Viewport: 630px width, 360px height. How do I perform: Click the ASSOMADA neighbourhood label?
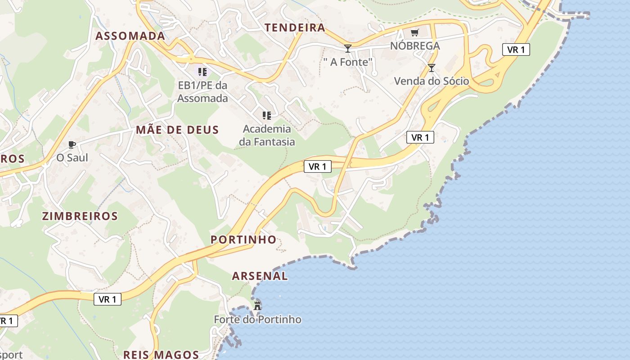pos(130,36)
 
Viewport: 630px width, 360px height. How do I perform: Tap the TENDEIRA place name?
pos(295,27)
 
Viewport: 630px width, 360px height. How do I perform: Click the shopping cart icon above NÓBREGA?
pos(414,32)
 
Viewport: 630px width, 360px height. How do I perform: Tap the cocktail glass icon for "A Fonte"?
pos(347,48)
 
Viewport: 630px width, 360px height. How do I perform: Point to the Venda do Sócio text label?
pos(431,81)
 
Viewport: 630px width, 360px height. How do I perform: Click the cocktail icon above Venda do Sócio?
pos(432,68)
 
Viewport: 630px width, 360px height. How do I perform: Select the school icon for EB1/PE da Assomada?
pos(202,72)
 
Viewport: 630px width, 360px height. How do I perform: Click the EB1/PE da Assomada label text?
pos(202,91)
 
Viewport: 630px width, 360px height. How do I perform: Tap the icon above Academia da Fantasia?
pos(267,116)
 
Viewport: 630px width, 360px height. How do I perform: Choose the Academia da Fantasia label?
pos(267,135)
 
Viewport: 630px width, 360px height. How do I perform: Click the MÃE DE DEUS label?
pos(177,130)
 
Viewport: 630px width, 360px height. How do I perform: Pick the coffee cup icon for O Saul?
pos(72,144)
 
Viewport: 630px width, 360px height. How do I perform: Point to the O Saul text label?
pos(72,158)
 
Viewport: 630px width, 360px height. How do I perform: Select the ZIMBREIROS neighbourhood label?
pos(80,216)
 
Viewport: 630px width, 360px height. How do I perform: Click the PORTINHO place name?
pos(243,239)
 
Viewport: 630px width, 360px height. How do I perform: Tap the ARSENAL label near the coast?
pos(260,276)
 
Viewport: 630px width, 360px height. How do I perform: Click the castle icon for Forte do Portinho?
pos(257,306)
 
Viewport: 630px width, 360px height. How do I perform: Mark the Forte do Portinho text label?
pos(257,319)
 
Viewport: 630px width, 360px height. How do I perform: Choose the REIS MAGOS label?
pos(161,355)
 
